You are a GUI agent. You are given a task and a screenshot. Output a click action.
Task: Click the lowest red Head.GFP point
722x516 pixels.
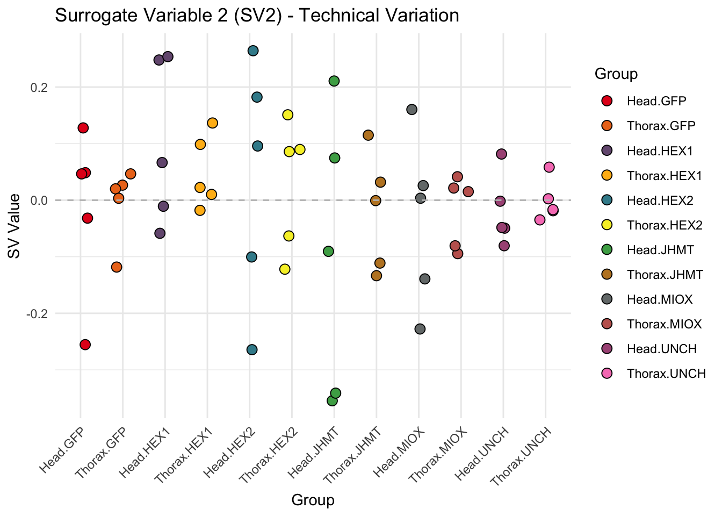point(85,345)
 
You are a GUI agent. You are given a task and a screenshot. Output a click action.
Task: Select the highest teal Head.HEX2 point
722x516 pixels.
point(253,51)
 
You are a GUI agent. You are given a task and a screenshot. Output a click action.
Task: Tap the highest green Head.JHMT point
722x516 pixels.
point(334,81)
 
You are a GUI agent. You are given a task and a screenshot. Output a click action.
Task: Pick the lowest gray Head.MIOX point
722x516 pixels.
point(420,328)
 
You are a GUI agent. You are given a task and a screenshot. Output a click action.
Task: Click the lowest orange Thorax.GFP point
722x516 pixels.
point(117,267)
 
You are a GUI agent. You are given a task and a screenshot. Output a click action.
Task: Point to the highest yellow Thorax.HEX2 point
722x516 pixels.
point(287,114)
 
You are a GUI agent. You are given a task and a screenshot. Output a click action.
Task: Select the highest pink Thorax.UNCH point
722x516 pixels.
point(549,167)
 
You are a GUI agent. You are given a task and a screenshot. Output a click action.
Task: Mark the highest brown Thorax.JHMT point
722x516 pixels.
point(368,135)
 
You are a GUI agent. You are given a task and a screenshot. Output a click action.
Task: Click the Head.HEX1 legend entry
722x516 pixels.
point(660,151)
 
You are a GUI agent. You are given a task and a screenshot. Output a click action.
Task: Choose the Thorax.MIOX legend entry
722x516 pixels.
point(664,324)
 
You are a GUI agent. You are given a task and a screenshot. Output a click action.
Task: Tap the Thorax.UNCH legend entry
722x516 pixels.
point(666,374)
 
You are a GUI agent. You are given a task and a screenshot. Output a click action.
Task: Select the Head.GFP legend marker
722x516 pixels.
point(607,101)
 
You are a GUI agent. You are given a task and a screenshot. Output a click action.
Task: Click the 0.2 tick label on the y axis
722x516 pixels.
point(38,87)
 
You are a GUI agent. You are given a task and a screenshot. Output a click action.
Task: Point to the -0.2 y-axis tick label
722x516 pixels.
point(36,313)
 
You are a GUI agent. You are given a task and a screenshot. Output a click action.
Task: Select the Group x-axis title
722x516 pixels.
point(313,500)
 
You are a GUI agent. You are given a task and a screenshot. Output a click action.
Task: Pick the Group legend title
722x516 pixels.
point(616,74)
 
